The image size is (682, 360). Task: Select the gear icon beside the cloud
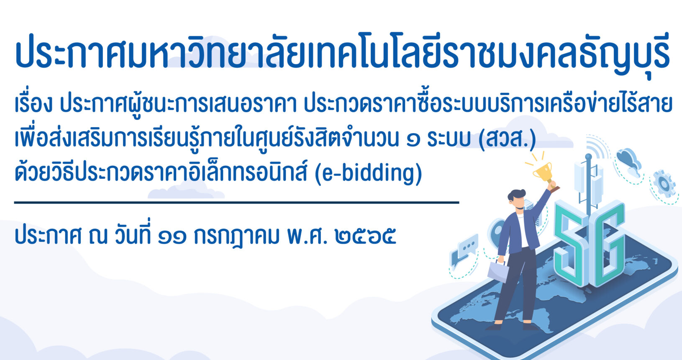click(664, 184)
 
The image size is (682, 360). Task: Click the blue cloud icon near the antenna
click(629, 162)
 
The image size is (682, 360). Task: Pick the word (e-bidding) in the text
click(368, 173)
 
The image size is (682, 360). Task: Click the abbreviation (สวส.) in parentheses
click(507, 139)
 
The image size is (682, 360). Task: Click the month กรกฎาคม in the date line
click(236, 237)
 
